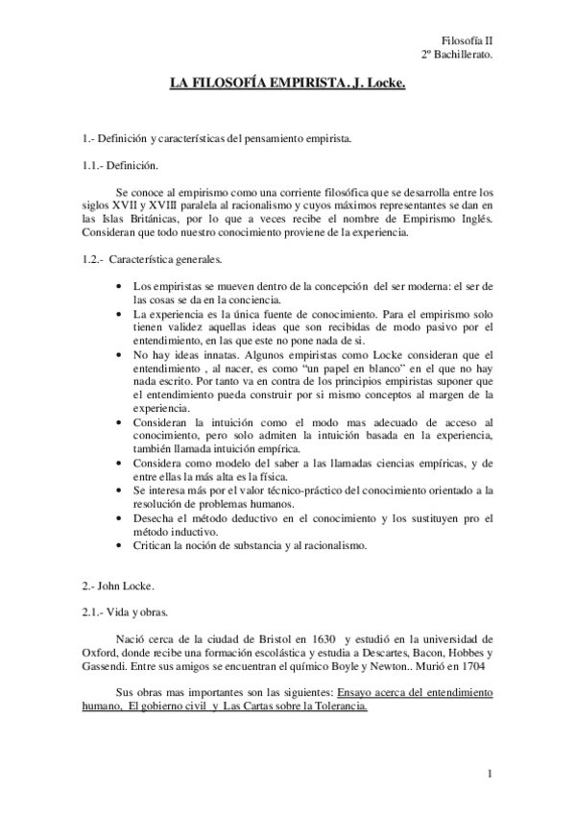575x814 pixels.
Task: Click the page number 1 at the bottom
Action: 489,773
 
